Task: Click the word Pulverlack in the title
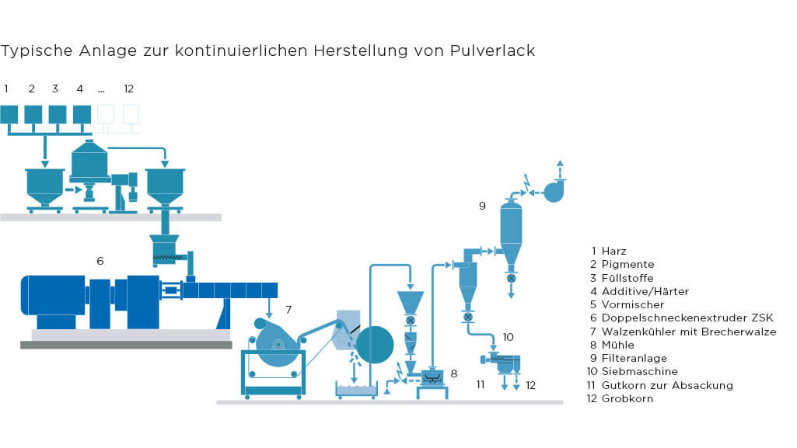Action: coord(492,50)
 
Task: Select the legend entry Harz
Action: coord(613,251)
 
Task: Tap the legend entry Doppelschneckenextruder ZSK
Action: coord(687,318)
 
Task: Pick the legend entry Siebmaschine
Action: coord(639,371)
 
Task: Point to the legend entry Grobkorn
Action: coord(627,399)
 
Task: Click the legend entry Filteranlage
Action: coord(634,358)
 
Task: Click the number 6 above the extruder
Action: coord(100,261)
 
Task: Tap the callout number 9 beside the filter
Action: coord(482,206)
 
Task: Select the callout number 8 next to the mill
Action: coord(454,373)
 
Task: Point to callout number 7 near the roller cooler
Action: coord(288,310)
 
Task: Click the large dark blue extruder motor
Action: coord(53,295)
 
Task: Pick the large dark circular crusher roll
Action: coord(375,345)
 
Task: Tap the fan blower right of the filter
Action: coord(554,191)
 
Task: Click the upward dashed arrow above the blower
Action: coord(560,169)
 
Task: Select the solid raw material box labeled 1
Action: coord(9,114)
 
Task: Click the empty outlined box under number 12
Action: coord(131,114)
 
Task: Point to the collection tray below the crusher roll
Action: coord(356,391)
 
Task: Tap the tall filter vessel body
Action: coord(511,231)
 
